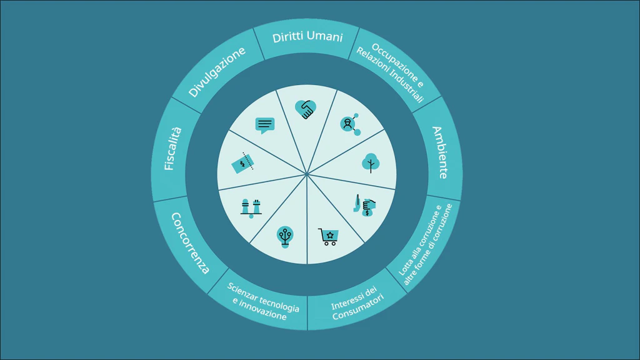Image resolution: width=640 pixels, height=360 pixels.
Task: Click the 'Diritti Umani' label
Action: [307, 37]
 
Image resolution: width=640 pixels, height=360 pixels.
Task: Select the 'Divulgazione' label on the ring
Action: [217, 72]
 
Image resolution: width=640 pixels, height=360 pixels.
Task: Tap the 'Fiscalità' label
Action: [172, 149]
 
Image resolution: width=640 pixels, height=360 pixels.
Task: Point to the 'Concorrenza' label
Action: [190, 243]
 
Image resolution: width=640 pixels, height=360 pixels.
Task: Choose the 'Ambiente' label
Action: [440, 152]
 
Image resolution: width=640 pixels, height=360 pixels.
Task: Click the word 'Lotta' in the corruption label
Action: [405, 266]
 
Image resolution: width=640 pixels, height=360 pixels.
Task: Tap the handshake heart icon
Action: [306, 109]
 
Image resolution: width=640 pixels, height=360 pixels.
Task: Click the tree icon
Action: [371, 163]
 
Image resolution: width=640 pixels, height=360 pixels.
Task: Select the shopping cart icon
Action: [328, 237]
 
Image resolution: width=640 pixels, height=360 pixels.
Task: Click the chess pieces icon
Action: [251, 208]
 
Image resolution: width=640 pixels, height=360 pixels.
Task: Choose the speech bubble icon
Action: [265, 125]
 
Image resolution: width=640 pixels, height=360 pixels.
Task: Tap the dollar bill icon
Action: [242, 163]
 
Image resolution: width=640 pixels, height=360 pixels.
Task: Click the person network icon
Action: [350, 124]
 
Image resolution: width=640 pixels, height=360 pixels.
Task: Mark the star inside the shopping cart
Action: [330, 235]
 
